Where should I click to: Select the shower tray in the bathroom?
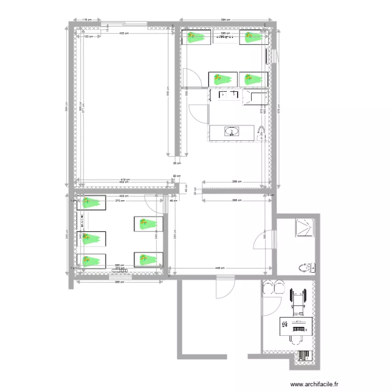point(305,227)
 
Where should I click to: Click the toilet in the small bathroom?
point(307,268)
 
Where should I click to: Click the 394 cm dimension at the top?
point(225,20)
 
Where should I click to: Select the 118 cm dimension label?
point(87,20)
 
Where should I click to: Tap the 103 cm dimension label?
point(88,36)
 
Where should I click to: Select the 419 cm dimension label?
point(125,179)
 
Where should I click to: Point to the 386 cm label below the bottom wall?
point(119,282)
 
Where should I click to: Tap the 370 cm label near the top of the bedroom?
point(119,200)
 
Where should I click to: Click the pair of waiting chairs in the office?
point(272,288)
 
